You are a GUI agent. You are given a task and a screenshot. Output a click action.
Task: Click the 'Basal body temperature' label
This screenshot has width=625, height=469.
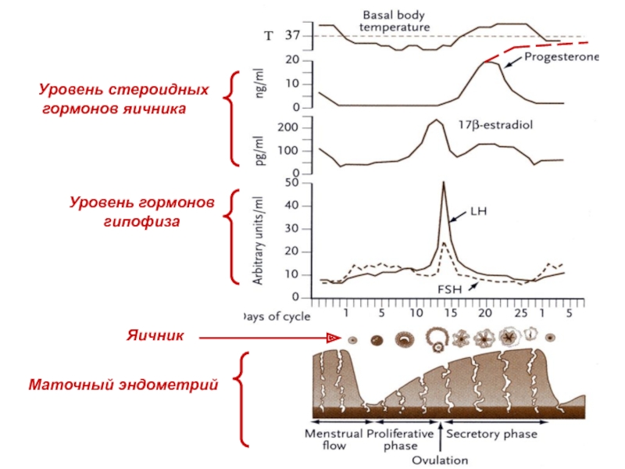(x=395, y=20)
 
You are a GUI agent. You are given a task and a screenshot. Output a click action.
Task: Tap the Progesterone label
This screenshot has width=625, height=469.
(x=561, y=57)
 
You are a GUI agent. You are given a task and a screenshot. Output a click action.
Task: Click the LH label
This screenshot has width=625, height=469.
(x=478, y=211)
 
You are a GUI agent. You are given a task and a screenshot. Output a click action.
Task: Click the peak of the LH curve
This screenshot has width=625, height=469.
(x=444, y=183)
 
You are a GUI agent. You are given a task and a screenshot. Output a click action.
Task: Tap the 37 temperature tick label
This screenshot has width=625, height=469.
(x=293, y=36)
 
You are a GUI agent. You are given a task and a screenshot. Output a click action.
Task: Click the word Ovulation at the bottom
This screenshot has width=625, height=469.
(x=441, y=460)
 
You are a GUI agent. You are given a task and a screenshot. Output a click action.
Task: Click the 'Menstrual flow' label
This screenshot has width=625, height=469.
(x=334, y=439)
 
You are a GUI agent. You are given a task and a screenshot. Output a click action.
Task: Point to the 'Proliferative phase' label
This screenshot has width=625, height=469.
(x=401, y=439)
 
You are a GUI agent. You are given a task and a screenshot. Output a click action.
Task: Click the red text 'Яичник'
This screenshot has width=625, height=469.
(x=156, y=336)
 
